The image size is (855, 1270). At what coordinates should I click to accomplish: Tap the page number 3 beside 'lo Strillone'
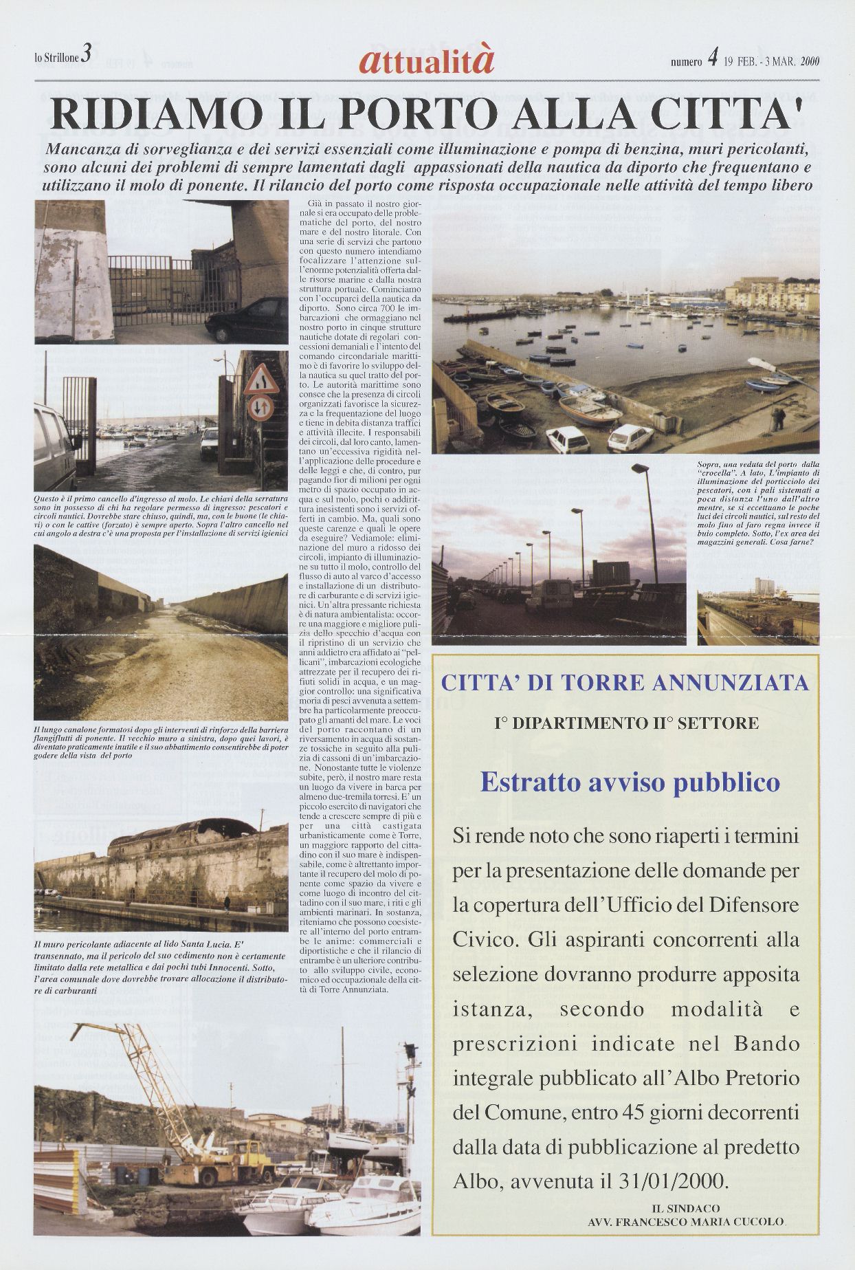(x=86, y=54)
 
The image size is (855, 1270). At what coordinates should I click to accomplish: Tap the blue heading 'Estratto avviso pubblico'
(x=630, y=782)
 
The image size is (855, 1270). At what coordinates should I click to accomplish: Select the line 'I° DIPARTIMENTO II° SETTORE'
(x=626, y=723)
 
